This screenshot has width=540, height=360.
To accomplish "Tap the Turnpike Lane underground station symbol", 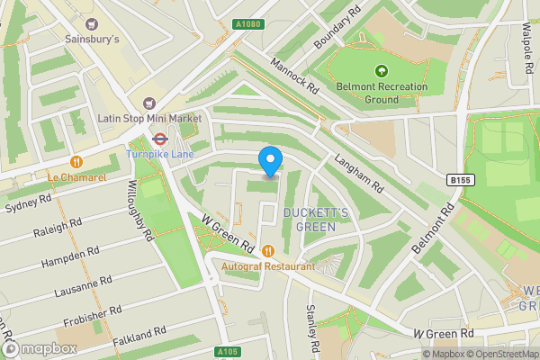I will [x=159, y=139].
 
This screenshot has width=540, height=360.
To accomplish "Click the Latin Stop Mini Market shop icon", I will [x=148, y=103].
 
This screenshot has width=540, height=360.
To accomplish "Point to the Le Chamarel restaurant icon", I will [x=77, y=162].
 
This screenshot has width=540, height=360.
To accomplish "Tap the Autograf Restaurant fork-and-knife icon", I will [x=268, y=251].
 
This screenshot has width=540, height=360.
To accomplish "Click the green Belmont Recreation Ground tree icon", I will [x=381, y=71].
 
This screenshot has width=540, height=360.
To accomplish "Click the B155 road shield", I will [x=460, y=180].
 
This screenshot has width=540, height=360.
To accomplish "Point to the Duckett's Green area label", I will [x=309, y=219].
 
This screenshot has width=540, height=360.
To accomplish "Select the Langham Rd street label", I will [x=359, y=172].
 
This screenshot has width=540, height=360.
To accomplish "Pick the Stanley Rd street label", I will [x=312, y=328].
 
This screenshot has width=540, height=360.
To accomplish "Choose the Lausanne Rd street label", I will [x=82, y=291].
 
